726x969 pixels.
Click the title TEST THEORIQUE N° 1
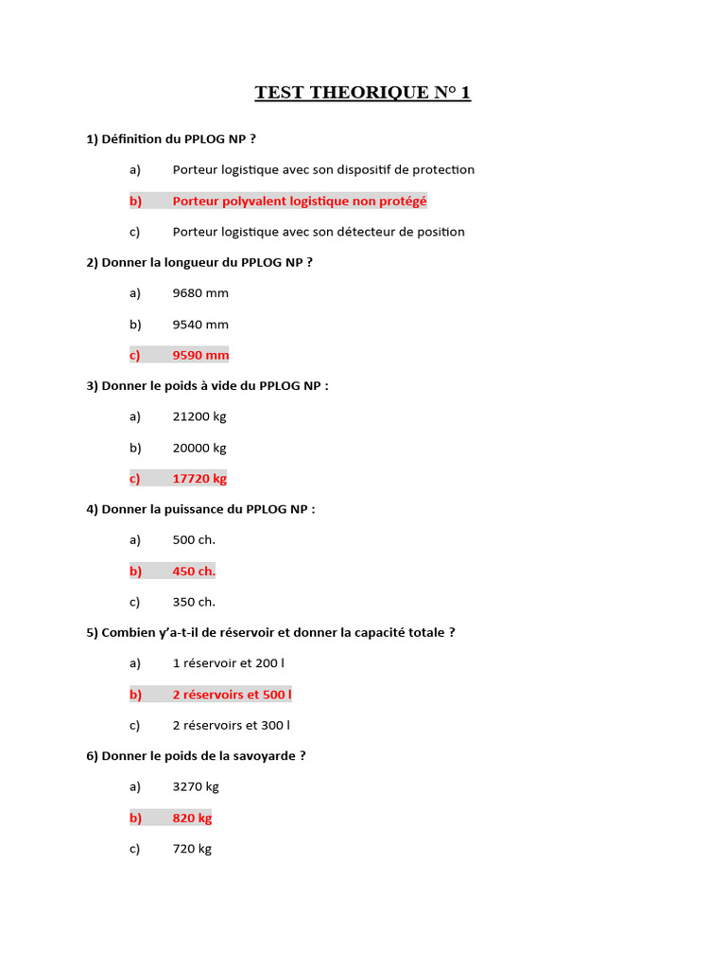(x=362, y=93)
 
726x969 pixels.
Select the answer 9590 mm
(x=200, y=355)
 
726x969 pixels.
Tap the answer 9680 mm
(x=200, y=293)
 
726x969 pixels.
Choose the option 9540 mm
(x=200, y=325)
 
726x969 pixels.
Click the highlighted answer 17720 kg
(x=199, y=479)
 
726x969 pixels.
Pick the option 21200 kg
(x=199, y=416)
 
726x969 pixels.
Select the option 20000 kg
(x=199, y=448)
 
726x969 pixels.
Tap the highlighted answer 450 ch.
(x=194, y=571)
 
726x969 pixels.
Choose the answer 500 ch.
(x=194, y=540)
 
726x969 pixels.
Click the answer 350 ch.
(x=194, y=602)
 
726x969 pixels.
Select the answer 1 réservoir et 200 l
(x=228, y=663)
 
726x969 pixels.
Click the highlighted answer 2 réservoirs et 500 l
(x=232, y=695)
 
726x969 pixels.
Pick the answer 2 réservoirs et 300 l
(x=231, y=726)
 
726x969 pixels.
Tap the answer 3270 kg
(x=196, y=786)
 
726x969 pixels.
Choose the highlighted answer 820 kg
(x=192, y=818)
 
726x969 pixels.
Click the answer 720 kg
(x=192, y=849)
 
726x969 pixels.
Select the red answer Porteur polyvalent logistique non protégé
(x=300, y=202)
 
